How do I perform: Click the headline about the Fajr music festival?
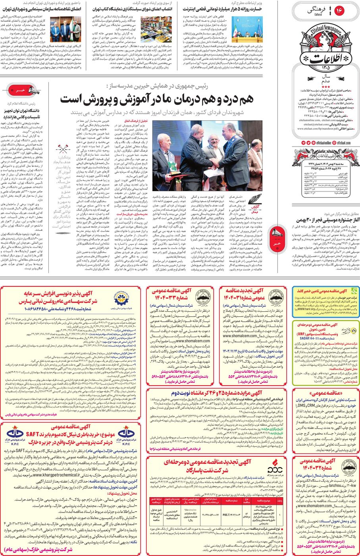[x=325, y=219]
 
